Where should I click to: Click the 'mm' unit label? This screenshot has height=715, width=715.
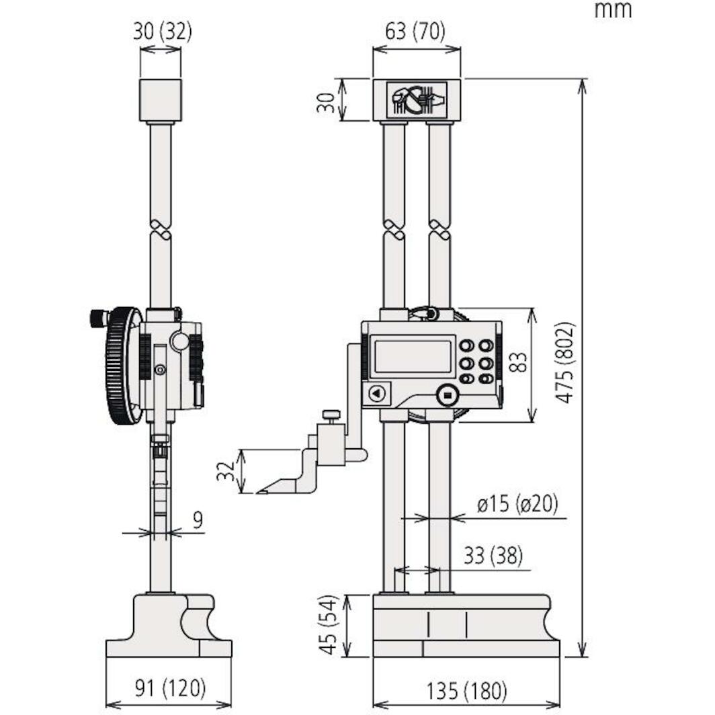click(x=612, y=10)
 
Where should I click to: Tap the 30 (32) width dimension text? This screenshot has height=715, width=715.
click(x=162, y=32)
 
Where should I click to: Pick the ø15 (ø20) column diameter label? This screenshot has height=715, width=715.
click(x=517, y=504)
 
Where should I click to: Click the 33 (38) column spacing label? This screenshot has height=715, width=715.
click(x=493, y=556)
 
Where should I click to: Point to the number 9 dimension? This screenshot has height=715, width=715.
click(x=197, y=521)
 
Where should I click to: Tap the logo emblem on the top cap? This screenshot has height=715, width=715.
click(x=417, y=99)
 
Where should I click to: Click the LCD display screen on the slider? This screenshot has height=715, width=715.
click(x=412, y=356)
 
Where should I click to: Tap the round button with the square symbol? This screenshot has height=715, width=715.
click(x=447, y=395)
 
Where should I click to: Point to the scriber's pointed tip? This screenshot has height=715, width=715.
click(x=259, y=492)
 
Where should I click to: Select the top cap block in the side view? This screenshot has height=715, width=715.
click(x=161, y=99)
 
